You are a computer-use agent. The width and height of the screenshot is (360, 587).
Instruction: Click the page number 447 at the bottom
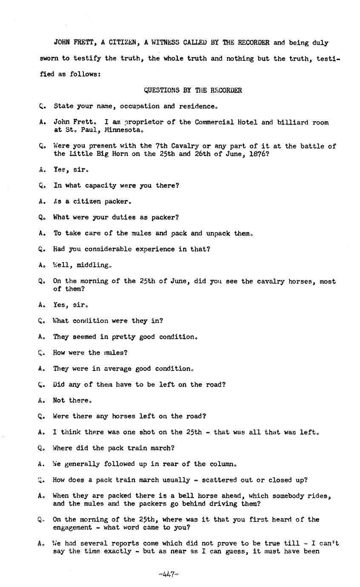tap(169, 574)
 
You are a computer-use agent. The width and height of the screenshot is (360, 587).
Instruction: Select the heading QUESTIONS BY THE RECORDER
tap(193, 90)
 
